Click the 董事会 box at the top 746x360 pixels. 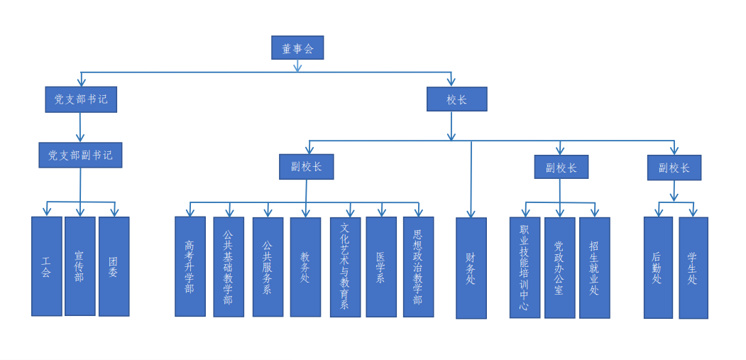coord(297,48)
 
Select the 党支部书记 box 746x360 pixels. coord(81,99)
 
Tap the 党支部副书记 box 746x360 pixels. coord(80,156)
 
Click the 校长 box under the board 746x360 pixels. coord(456,99)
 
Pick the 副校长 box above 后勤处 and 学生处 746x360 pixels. coord(674,168)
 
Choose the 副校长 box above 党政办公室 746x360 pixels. coord(561,167)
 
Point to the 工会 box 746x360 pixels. coord(47,266)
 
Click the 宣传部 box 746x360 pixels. coord(80,266)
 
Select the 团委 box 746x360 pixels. coord(114,267)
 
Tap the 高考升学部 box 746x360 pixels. coord(190,267)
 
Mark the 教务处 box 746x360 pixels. coord(305,267)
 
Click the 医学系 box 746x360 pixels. coord(381,267)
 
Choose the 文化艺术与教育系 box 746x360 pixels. coord(346,267)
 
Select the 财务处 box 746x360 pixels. coord(471,268)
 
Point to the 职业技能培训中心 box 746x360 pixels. coord(525,268)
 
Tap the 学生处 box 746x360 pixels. coord(693,268)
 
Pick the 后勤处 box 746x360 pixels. coord(659,268)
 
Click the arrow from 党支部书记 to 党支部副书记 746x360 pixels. coord(80,128)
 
